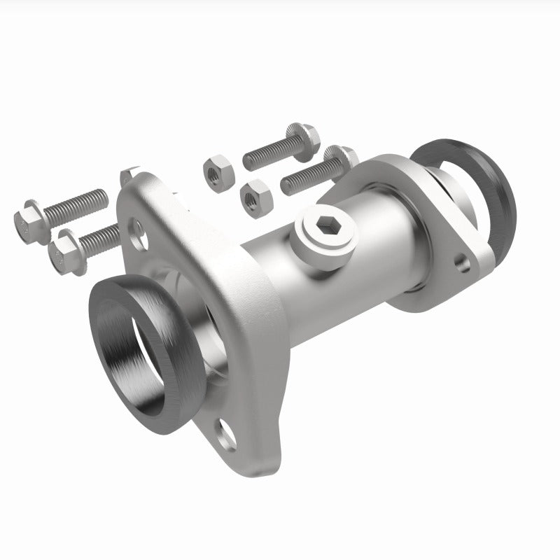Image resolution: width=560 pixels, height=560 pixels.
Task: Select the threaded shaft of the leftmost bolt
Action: tap(77, 204)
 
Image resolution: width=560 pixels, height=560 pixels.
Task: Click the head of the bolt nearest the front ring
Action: tap(66, 251)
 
